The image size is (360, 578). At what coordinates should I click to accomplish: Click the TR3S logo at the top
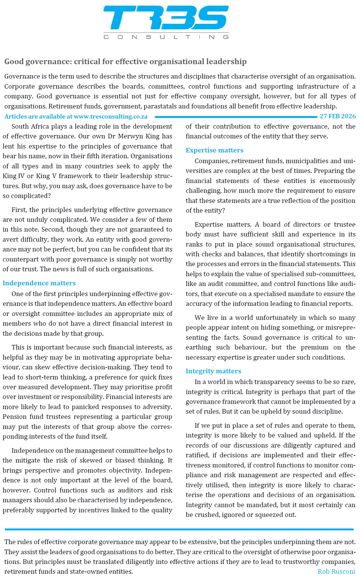click(166, 18)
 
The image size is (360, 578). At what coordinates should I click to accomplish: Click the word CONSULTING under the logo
click(166, 37)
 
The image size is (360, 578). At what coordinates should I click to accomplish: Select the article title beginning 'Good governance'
click(125, 61)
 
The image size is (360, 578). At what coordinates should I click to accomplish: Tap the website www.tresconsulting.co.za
click(111, 116)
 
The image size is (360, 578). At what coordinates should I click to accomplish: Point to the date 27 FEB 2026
click(337, 116)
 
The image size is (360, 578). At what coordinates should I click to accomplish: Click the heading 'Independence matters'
click(39, 283)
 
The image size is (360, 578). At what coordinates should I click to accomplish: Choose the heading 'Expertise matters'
click(214, 150)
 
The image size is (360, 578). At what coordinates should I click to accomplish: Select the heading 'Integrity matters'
click(213, 371)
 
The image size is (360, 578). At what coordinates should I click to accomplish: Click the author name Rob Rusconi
click(336, 571)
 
